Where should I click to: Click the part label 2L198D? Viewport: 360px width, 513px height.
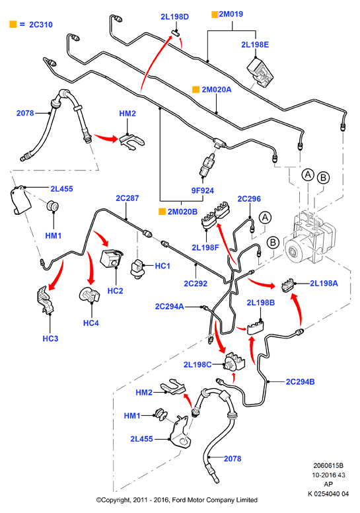coord(174,17)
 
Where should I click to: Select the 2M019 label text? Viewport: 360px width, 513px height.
coord(231,14)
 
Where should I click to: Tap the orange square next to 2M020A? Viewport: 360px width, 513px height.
coord(196,90)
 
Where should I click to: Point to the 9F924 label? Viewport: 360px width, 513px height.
coord(202,190)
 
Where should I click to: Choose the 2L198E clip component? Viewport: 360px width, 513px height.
coord(260,73)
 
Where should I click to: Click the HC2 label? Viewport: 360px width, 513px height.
coord(115,291)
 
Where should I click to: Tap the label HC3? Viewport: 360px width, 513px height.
coord(50,338)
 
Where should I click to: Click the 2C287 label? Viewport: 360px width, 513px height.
coord(127,198)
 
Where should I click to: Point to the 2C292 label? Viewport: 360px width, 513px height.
coord(196,284)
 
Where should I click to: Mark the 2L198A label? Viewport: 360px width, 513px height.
coord(324,284)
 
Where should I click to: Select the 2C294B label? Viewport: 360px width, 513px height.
coord(300,382)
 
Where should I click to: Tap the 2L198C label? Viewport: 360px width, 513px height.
coord(198,364)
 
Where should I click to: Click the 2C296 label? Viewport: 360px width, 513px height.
coord(249,199)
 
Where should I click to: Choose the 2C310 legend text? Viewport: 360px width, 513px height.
coord(41,24)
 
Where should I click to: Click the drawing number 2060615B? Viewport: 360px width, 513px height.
coord(328,465)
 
